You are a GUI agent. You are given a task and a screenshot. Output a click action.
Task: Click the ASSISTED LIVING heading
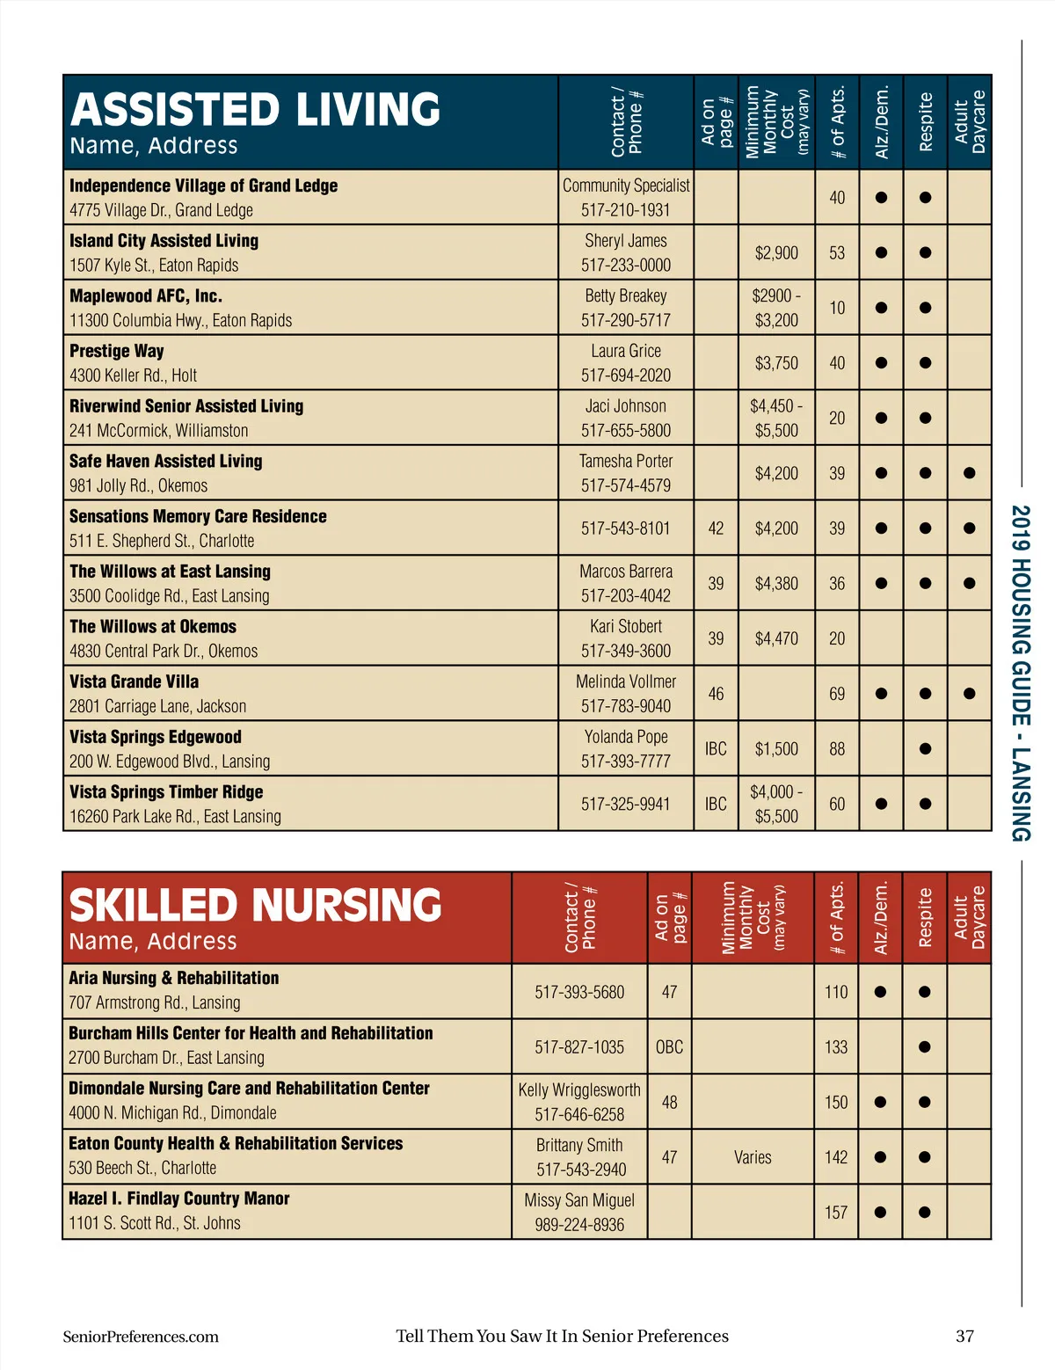coord(255,110)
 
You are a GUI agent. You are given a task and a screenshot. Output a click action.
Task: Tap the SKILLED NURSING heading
coord(255,906)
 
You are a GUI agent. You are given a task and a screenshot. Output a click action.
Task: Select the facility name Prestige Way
coord(117,351)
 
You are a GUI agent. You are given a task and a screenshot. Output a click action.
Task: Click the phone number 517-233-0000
coord(625,265)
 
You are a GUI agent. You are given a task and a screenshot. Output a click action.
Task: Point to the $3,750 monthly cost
coord(776,363)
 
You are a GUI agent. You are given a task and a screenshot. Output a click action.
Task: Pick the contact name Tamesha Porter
coord(625,461)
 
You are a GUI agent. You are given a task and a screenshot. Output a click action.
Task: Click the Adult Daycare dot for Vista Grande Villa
coord(969,694)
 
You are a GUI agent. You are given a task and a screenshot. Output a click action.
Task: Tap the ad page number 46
coord(716,694)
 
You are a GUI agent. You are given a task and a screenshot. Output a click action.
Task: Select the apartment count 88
coord(836,749)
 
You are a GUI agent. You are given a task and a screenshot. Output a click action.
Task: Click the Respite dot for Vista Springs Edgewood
coord(925,749)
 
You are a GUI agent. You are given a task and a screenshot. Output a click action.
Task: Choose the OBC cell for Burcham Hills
coord(669,1047)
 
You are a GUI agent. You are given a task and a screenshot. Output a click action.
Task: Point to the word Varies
coord(753,1157)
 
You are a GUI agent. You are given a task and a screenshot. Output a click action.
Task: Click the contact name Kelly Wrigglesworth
coord(579,1089)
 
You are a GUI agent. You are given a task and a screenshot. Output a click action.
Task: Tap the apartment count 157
coord(835,1213)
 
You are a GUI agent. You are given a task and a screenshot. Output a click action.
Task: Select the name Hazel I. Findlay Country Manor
coord(179,1199)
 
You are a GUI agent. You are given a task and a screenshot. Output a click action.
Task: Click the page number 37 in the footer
coord(964,1337)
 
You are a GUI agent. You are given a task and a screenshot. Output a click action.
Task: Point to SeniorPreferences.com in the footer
coord(141,1337)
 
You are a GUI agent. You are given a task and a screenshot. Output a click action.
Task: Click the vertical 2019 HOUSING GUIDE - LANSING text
coord(1020,673)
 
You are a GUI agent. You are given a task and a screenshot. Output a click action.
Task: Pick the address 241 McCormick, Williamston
coord(159,431)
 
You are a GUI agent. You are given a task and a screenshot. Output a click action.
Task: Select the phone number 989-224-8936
coord(579,1225)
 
